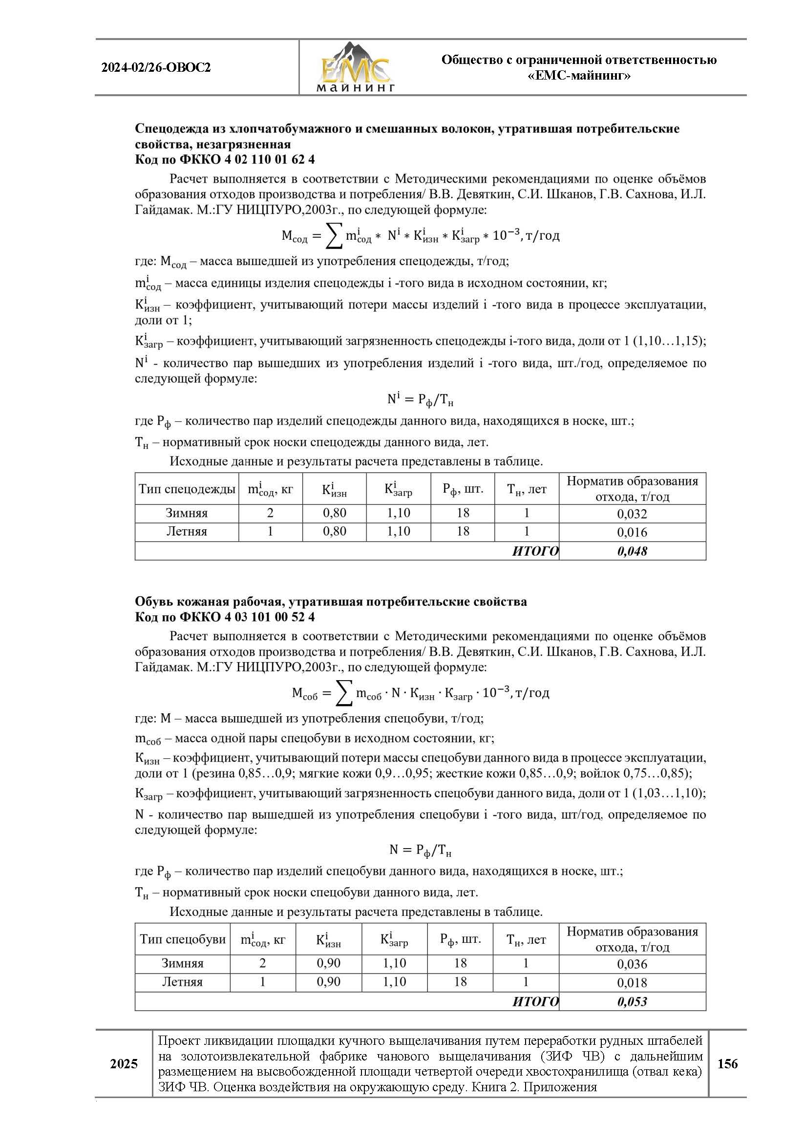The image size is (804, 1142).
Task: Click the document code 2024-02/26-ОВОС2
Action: click(x=156, y=68)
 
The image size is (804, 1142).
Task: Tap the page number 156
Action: click(x=727, y=1063)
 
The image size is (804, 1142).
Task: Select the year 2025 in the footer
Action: click(x=124, y=1064)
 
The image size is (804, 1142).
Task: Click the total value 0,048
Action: click(x=632, y=551)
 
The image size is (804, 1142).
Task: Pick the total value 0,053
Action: click(x=632, y=1001)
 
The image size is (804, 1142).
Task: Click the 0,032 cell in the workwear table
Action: click(x=632, y=514)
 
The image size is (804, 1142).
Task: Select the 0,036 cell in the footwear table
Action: click(x=632, y=964)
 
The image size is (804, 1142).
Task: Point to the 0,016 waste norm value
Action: click(x=632, y=532)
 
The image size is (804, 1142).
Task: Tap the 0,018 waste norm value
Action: click(x=632, y=982)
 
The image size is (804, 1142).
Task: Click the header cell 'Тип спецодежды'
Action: click(x=187, y=489)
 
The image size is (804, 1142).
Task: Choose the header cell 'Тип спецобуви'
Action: click(x=183, y=939)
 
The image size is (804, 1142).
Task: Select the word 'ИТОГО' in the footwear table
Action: click(x=535, y=1001)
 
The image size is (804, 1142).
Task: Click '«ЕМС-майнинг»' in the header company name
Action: click(x=579, y=76)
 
